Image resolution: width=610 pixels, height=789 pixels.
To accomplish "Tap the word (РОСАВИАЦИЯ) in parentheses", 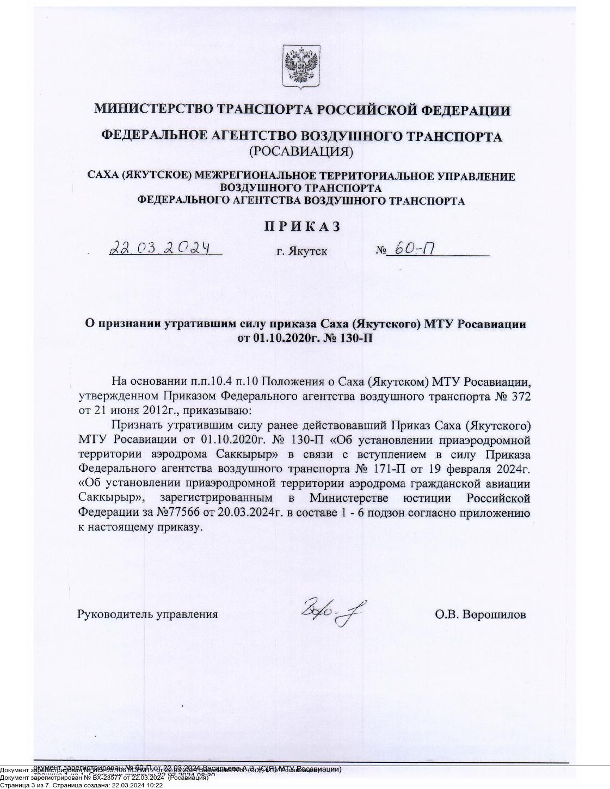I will (301, 151).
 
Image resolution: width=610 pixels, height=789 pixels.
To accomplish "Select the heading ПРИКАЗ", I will (302, 226).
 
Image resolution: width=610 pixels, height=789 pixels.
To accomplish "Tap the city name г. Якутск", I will (302, 251).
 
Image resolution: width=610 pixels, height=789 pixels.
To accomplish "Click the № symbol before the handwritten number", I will (380, 251).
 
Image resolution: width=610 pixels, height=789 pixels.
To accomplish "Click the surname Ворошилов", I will (495, 614).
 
